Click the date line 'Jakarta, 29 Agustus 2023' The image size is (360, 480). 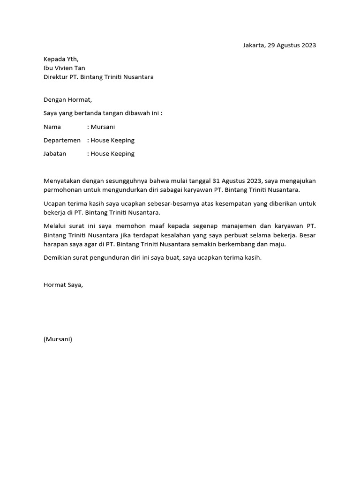(279, 45)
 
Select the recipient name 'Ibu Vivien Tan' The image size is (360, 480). (64, 68)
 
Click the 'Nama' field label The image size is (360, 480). (52, 127)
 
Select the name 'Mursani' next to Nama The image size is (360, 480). (103, 127)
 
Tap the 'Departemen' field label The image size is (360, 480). (62, 140)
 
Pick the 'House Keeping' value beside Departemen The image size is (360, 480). (112, 140)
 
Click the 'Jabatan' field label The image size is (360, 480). (55, 153)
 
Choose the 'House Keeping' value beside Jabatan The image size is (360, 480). (112, 153)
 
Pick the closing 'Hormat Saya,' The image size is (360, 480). (63, 285)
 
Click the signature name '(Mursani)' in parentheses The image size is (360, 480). (58, 339)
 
